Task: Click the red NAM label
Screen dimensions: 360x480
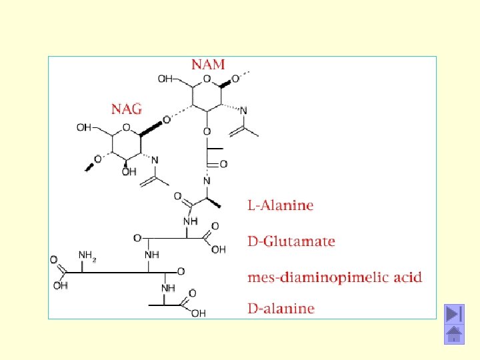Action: (209, 65)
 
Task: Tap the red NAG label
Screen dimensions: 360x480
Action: (127, 109)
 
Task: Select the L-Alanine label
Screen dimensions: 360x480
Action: (280, 205)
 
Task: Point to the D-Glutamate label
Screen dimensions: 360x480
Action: (291, 241)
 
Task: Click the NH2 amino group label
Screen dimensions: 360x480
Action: (87, 255)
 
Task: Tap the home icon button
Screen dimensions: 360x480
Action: (455, 335)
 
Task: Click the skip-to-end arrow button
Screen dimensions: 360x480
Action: (455, 313)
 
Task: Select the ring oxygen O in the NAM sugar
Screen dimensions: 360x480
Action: (207, 79)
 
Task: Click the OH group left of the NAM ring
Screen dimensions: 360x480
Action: (165, 79)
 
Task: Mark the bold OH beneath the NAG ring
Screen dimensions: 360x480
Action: (129, 172)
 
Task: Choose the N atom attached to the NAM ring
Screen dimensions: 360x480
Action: (244, 111)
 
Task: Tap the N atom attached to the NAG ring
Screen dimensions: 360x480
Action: (155, 160)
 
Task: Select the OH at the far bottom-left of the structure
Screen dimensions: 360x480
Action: (60, 286)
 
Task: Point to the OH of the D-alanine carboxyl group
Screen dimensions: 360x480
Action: (198, 313)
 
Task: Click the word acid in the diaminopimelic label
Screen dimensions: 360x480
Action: (407, 277)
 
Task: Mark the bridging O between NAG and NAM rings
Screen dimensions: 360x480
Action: (166, 121)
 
